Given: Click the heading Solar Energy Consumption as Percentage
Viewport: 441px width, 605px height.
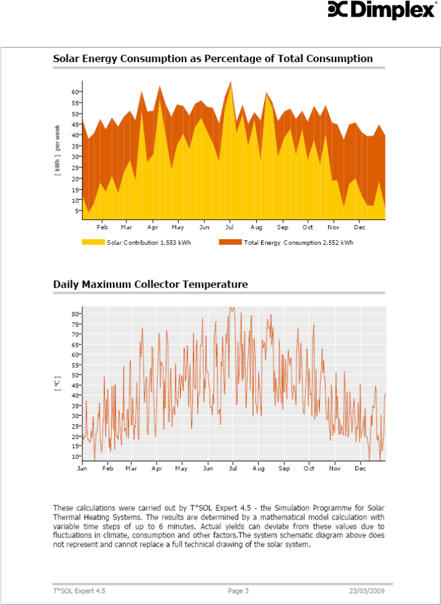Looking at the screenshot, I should pyautogui.click(x=213, y=59).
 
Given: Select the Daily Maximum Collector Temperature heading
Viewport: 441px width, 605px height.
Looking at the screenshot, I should pyautogui.click(x=150, y=285).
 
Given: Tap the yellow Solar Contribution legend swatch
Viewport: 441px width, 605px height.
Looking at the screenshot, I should pyautogui.click(x=93, y=242).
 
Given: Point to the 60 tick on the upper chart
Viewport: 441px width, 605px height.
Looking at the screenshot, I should pyautogui.click(x=76, y=92).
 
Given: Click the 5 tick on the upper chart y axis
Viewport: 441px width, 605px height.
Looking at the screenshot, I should pyautogui.click(x=77, y=211).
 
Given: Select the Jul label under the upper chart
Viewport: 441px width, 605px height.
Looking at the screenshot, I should pyautogui.click(x=229, y=227).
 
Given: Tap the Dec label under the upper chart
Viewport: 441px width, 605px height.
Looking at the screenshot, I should pyautogui.click(x=359, y=227).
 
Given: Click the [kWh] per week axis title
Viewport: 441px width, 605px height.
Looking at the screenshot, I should pyautogui.click(x=58, y=151).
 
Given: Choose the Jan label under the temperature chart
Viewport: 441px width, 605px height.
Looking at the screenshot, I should pyautogui.click(x=82, y=469).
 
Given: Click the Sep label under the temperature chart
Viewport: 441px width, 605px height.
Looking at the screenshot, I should pyautogui.click(x=284, y=469).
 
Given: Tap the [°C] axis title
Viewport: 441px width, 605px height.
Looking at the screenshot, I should pyautogui.click(x=58, y=385).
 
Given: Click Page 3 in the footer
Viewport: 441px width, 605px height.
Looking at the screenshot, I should pyautogui.click(x=238, y=591).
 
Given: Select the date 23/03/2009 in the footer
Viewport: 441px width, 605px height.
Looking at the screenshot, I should pyautogui.click(x=367, y=591).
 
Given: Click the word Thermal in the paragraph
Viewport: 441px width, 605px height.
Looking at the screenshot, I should pyautogui.click(x=72, y=518).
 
